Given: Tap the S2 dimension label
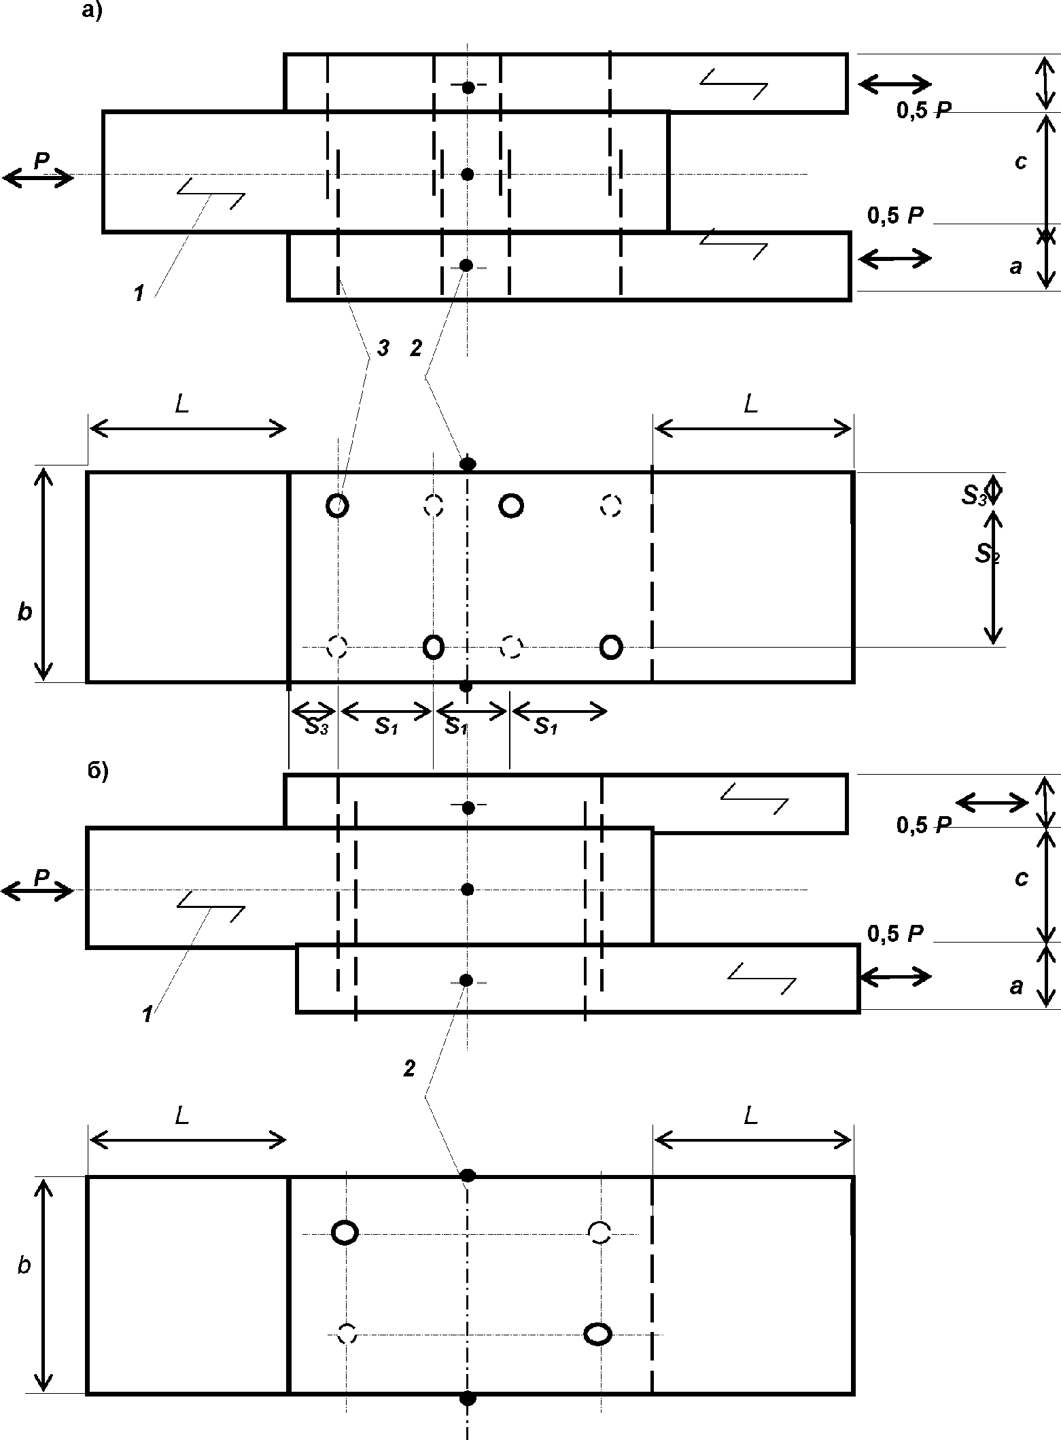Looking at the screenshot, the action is (x=988, y=555).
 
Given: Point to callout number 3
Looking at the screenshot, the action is (x=383, y=348).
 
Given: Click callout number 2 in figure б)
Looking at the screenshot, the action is (x=409, y=1069).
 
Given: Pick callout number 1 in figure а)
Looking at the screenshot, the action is (x=139, y=294).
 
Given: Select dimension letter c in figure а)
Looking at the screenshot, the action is (x=1020, y=163).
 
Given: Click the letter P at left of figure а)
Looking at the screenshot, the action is (x=42, y=160).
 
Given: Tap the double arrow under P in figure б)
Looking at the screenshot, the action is (x=37, y=891).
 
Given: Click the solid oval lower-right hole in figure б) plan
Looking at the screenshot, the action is (x=598, y=1333).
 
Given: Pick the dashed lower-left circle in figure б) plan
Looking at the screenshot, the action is (x=347, y=1333).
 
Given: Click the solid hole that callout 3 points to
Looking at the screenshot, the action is (x=338, y=506).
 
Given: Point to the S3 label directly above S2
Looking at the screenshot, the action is (x=973, y=496).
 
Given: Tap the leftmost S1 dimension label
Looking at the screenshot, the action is (x=386, y=726).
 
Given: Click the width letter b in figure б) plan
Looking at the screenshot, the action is (x=24, y=1266).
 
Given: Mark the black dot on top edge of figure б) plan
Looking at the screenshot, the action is (x=468, y=1176).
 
